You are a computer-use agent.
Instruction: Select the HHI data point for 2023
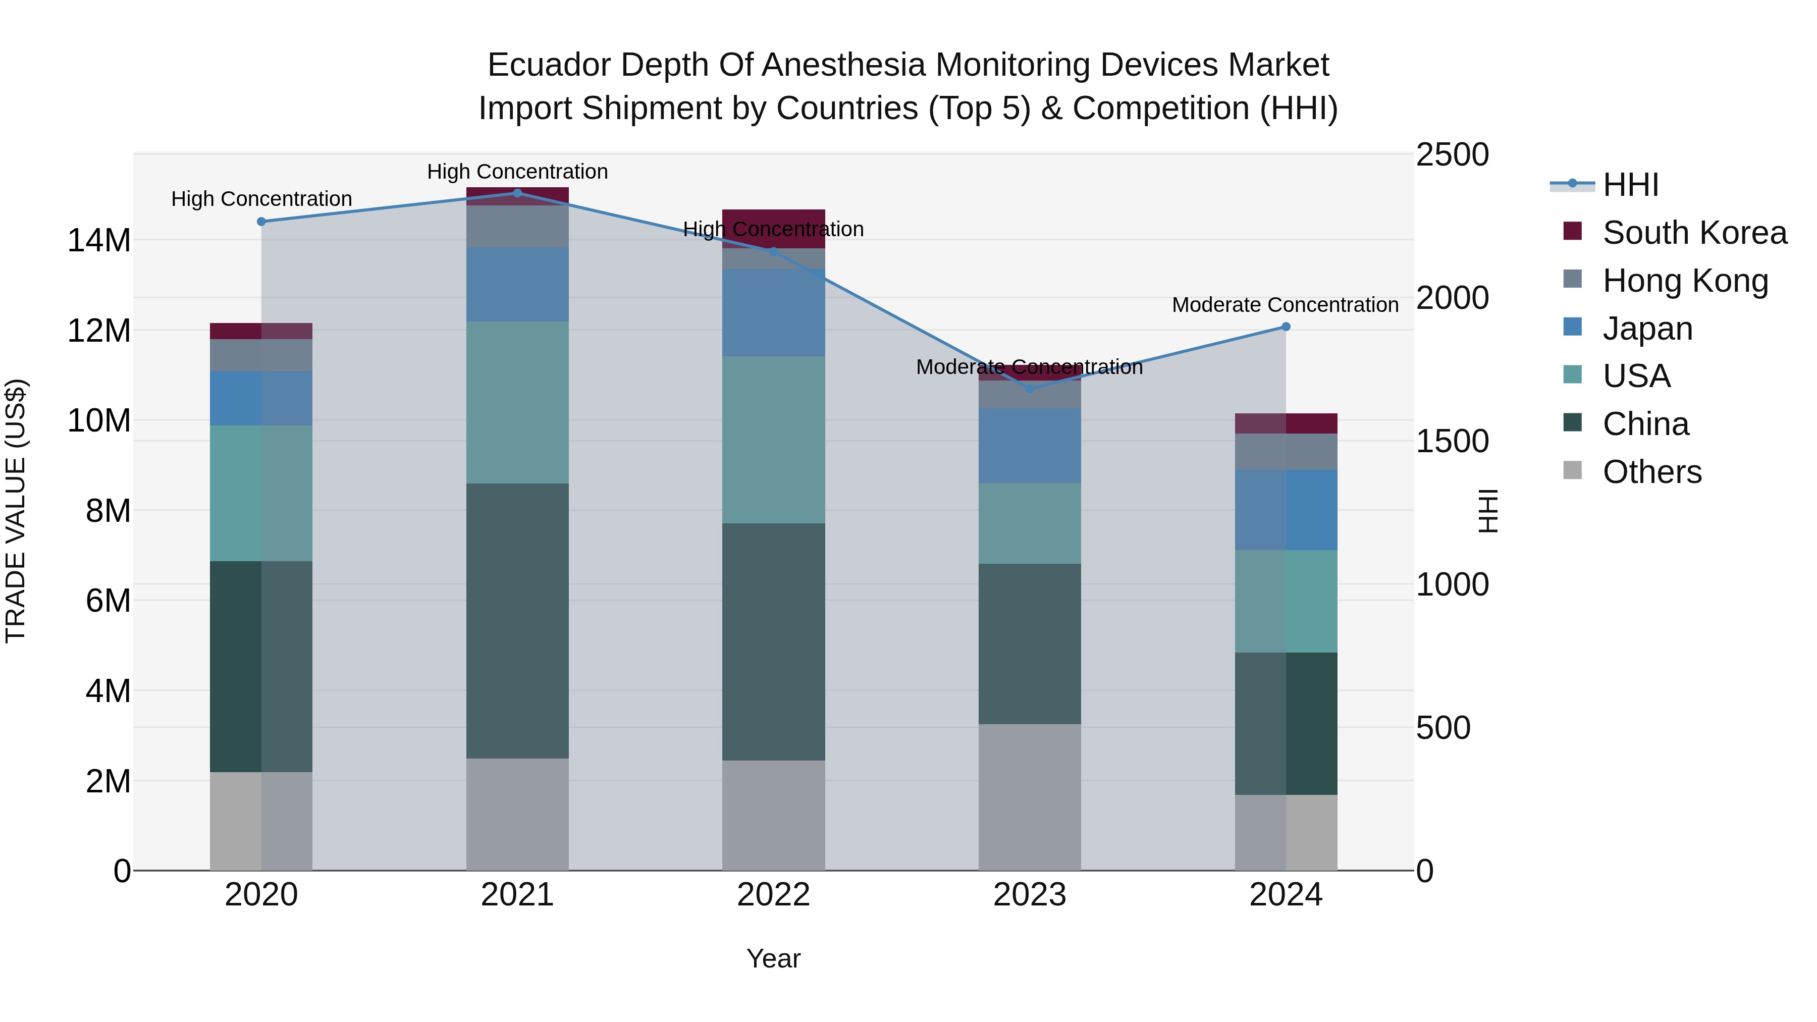point(1029,389)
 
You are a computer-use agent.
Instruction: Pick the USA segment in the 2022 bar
point(773,440)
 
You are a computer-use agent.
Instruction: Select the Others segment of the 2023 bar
point(1029,797)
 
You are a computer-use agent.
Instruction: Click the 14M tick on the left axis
point(99,241)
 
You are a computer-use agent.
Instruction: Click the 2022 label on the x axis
point(773,895)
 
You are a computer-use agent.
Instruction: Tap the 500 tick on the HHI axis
point(1442,728)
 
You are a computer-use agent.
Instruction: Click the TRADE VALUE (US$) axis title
point(16,511)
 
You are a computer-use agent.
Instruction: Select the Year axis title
point(773,958)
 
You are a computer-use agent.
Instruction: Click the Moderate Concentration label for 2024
point(1285,305)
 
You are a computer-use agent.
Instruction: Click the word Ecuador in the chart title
point(548,65)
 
